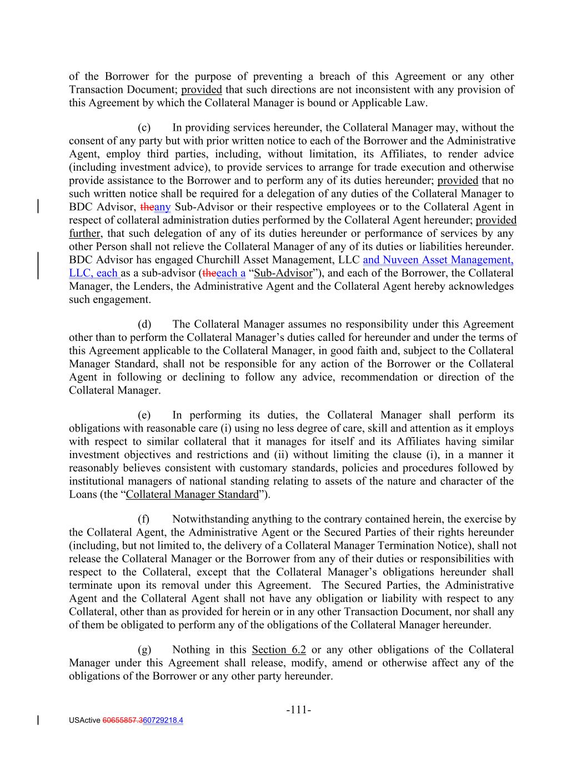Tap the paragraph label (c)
(144, 128)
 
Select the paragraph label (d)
(144, 324)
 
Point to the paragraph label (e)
(144, 415)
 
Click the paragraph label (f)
(143, 519)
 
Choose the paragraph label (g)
(144, 650)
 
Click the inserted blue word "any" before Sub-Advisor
(163, 207)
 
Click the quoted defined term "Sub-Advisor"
(283, 273)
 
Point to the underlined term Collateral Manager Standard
(192, 495)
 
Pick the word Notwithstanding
(211, 519)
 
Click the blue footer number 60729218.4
(163, 721)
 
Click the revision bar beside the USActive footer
(38, 721)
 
